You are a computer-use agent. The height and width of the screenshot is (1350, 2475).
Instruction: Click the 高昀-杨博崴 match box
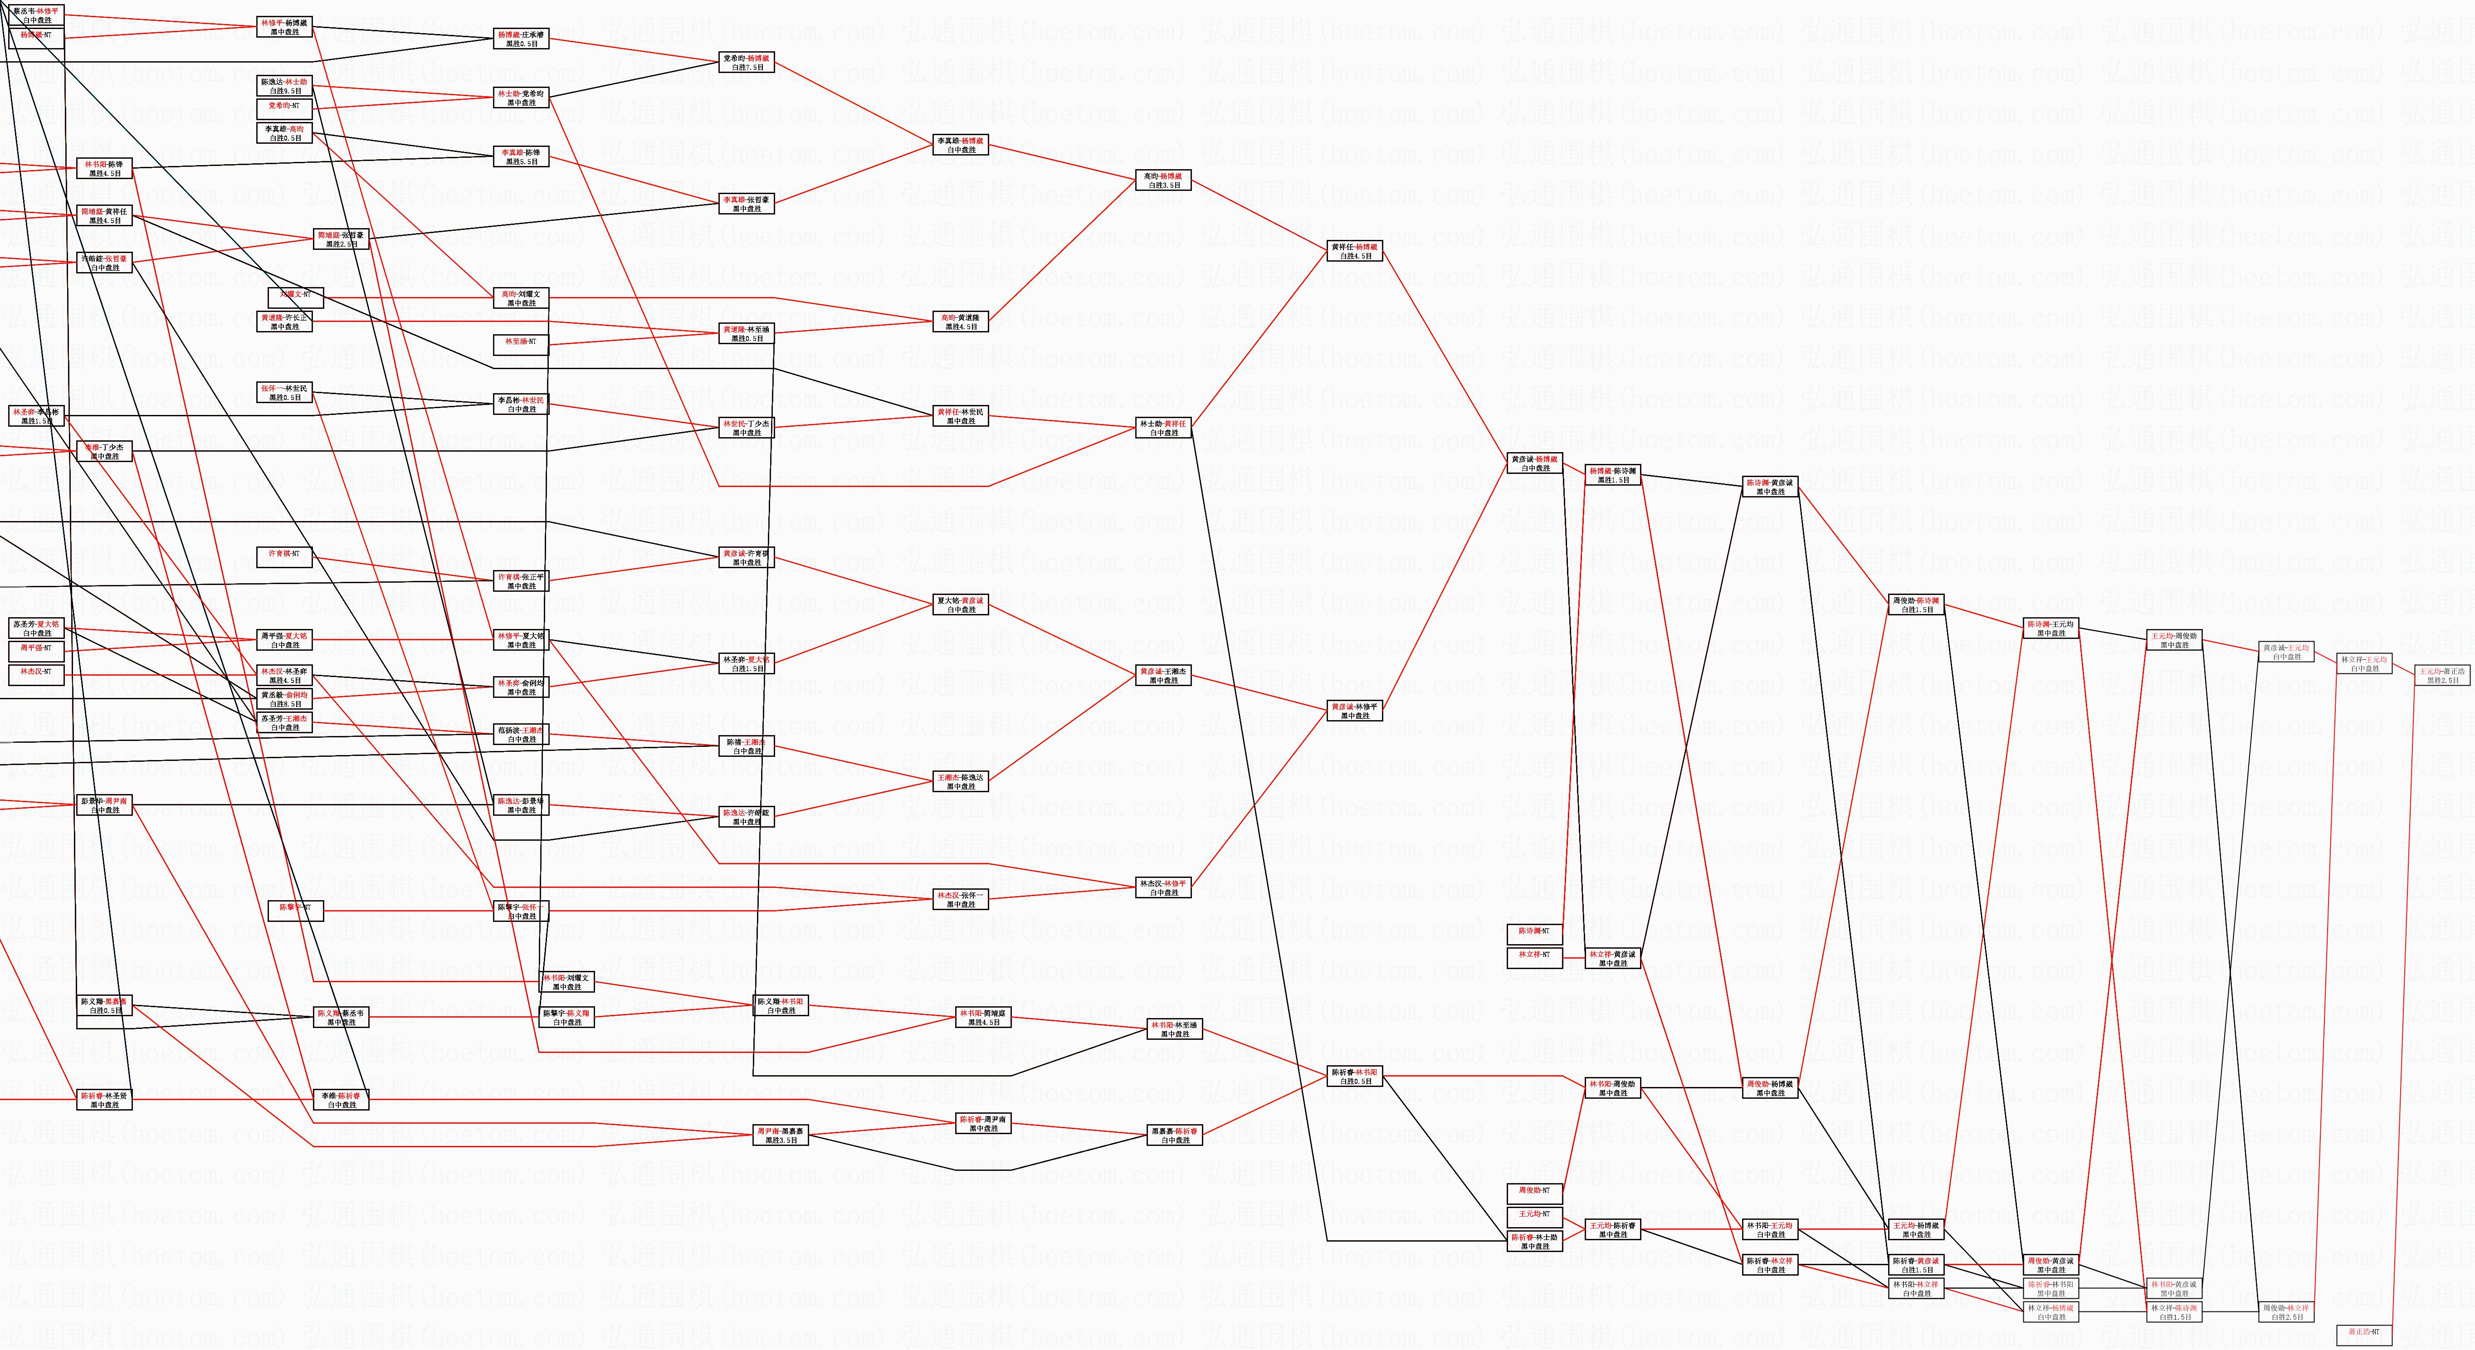[x=1163, y=180]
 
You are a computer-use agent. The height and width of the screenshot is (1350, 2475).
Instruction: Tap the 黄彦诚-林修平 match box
[x=1355, y=711]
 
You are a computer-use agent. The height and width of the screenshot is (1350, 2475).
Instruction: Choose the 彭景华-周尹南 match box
[x=105, y=805]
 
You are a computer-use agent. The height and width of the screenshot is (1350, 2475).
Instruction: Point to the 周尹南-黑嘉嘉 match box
[x=780, y=1136]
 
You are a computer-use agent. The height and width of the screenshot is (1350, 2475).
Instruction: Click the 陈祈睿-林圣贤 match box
[x=105, y=1100]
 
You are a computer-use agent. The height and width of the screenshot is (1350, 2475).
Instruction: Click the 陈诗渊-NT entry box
[x=1534, y=932]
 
